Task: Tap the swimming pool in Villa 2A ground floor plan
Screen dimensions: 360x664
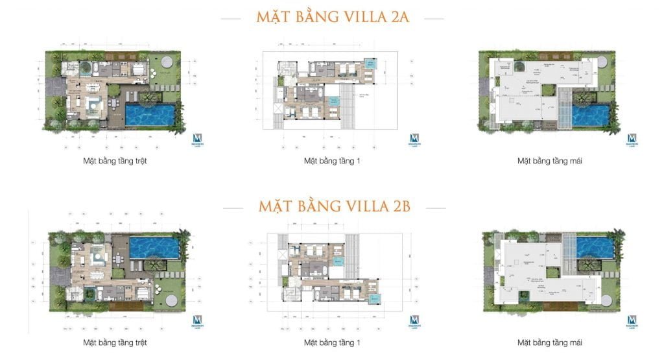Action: coord(150,115)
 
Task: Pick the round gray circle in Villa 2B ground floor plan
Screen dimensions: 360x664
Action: coord(172,300)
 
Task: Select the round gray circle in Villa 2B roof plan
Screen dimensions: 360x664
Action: coord(608,300)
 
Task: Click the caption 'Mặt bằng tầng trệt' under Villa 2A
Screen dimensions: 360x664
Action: coord(114,161)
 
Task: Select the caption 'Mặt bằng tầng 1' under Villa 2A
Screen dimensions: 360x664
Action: coord(331,161)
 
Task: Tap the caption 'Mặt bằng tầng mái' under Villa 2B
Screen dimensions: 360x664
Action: coord(549,342)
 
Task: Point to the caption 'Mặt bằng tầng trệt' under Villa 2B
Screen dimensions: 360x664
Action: coord(114,342)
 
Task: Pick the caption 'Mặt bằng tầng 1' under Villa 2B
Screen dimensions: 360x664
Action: coord(331,342)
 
